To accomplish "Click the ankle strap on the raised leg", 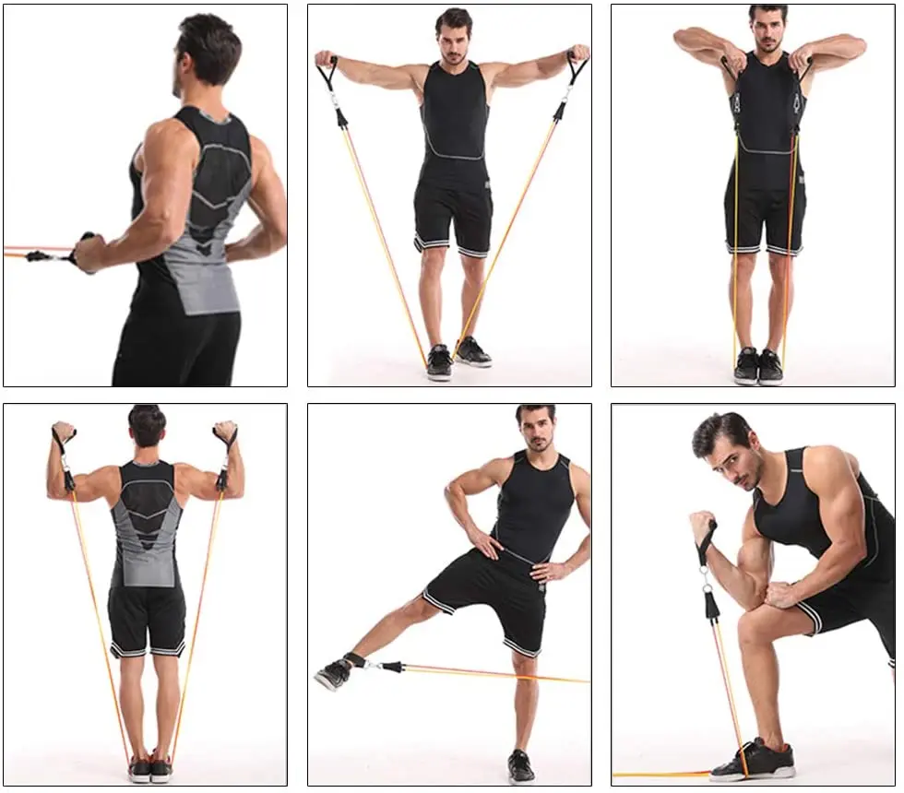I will (355, 660).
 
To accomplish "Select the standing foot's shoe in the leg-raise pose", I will (520, 766).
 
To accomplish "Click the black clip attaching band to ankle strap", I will (389, 666).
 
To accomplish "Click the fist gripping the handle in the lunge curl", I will (702, 526).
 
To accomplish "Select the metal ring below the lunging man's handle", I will (708, 580).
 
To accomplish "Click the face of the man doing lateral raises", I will (453, 42).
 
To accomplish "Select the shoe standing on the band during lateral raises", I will (440, 361).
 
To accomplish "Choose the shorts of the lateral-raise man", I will (451, 218).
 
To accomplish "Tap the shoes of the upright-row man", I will (757, 365).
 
